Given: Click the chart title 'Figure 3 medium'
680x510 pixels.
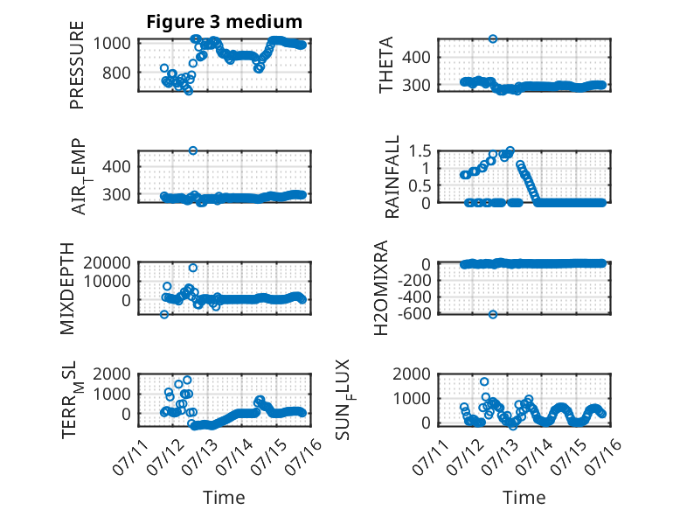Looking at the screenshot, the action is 225,22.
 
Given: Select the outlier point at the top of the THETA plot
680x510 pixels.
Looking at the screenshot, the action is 493,38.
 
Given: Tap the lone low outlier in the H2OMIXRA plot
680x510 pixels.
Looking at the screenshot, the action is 493,314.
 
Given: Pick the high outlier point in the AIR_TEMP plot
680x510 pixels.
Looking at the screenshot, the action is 193,150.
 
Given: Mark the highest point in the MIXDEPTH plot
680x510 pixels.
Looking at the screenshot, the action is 193,268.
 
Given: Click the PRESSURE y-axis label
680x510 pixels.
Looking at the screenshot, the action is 76,65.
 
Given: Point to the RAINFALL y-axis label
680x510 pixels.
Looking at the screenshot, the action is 392,177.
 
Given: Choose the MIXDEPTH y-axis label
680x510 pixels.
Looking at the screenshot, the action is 67,289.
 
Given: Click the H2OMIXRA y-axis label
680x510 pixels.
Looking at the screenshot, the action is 380,288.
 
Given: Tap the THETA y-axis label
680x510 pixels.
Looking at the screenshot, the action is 385,65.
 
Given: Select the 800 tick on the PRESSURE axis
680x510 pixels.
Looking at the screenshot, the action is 116,73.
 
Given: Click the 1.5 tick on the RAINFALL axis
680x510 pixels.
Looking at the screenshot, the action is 420,151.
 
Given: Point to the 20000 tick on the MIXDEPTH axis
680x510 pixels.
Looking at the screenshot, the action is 108,262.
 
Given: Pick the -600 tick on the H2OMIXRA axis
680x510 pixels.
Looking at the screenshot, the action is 413,313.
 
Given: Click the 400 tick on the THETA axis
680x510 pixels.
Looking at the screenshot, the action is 416,57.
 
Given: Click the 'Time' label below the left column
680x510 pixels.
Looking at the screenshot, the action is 224,498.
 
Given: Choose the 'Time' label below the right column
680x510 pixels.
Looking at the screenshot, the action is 524,498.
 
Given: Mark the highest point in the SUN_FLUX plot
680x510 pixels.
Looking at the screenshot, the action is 484,381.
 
